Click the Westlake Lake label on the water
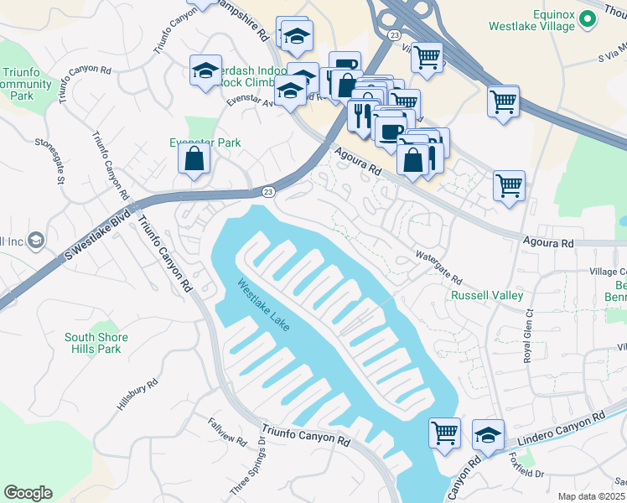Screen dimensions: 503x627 [x=263, y=303]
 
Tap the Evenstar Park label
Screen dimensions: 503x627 [x=205, y=143]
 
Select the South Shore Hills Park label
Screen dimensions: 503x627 [x=93, y=343]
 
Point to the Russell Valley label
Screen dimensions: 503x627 [x=487, y=295]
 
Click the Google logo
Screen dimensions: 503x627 [x=28, y=493]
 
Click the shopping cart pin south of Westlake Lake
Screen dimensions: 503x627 [x=445, y=433]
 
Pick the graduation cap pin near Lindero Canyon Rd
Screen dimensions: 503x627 [x=489, y=433]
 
